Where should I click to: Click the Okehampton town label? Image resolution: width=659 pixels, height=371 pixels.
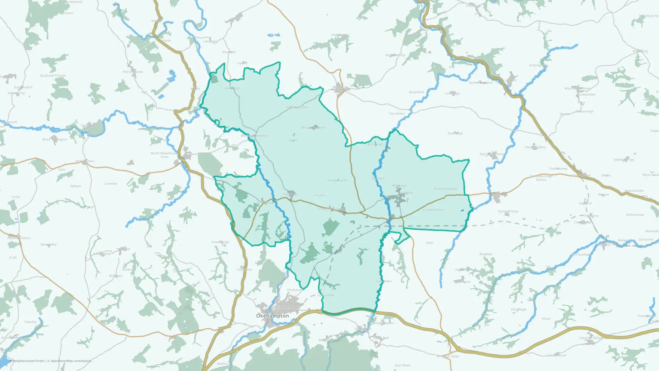[272, 316]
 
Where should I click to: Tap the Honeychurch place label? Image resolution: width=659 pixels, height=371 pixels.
[337, 180]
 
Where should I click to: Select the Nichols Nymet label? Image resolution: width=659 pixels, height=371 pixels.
[445, 189]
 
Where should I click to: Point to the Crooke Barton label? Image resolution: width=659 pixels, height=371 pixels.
[434, 210]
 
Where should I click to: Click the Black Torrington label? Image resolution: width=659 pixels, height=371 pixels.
[55, 139]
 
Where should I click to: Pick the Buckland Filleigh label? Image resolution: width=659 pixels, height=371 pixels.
[53, 76]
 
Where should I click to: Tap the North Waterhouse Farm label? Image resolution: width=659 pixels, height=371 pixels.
[164, 155]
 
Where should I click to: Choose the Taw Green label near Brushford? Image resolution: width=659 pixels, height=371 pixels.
[396, 113]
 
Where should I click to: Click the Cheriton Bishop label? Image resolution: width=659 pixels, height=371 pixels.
[591, 338]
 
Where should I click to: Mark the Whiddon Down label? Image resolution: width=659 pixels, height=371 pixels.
[448, 356]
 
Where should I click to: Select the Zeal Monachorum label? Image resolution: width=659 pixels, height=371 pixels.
[492, 154]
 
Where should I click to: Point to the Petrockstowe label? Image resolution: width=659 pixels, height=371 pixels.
[132, 72]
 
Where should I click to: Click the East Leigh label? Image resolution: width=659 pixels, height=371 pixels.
[455, 133]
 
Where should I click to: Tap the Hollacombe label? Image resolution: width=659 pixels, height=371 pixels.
[635, 215]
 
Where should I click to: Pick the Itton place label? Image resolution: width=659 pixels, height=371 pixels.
[429, 243]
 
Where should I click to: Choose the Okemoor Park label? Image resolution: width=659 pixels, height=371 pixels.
[287, 307]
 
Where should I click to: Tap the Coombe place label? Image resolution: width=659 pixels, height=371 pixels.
[111, 184]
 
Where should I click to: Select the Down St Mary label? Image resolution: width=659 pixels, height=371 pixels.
[535, 147]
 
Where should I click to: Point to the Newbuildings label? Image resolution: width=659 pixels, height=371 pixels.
[624, 160]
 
